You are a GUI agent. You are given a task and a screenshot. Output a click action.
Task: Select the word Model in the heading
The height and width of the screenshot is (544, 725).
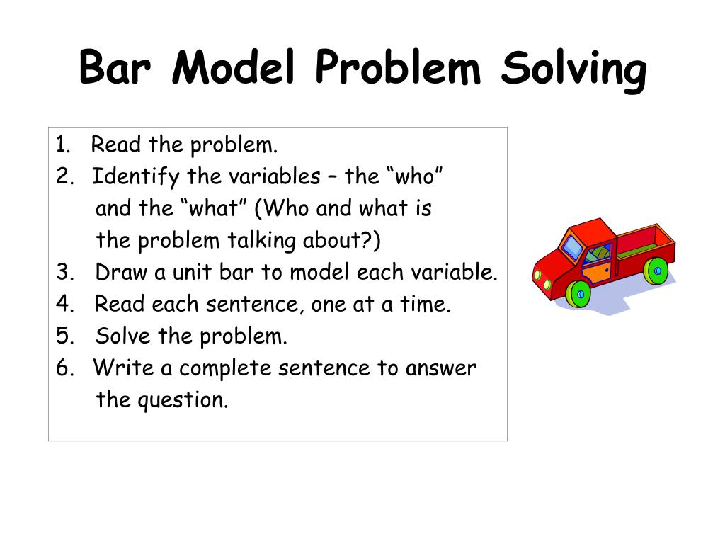pyautogui.click(x=233, y=69)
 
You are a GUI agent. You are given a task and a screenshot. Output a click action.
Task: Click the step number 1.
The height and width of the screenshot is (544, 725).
pyautogui.click(x=62, y=145)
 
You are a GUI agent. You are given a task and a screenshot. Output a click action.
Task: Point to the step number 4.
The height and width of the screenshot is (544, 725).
pyautogui.click(x=62, y=305)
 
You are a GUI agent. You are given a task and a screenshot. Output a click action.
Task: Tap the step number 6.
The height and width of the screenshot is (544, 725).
pyautogui.click(x=63, y=368)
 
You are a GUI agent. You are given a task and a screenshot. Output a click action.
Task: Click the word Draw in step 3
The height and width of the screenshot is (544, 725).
pyautogui.click(x=120, y=273)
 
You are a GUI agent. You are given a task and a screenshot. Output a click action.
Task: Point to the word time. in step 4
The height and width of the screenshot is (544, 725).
pyautogui.click(x=428, y=305)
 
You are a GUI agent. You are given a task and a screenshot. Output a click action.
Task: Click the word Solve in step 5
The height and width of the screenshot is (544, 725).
pyautogui.click(x=123, y=336)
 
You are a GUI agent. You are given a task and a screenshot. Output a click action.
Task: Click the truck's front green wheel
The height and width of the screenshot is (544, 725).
pyautogui.click(x=580, y=292)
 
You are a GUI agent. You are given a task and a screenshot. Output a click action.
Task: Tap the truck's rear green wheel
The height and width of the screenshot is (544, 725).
pyautogui.click(x=656, y=270)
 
